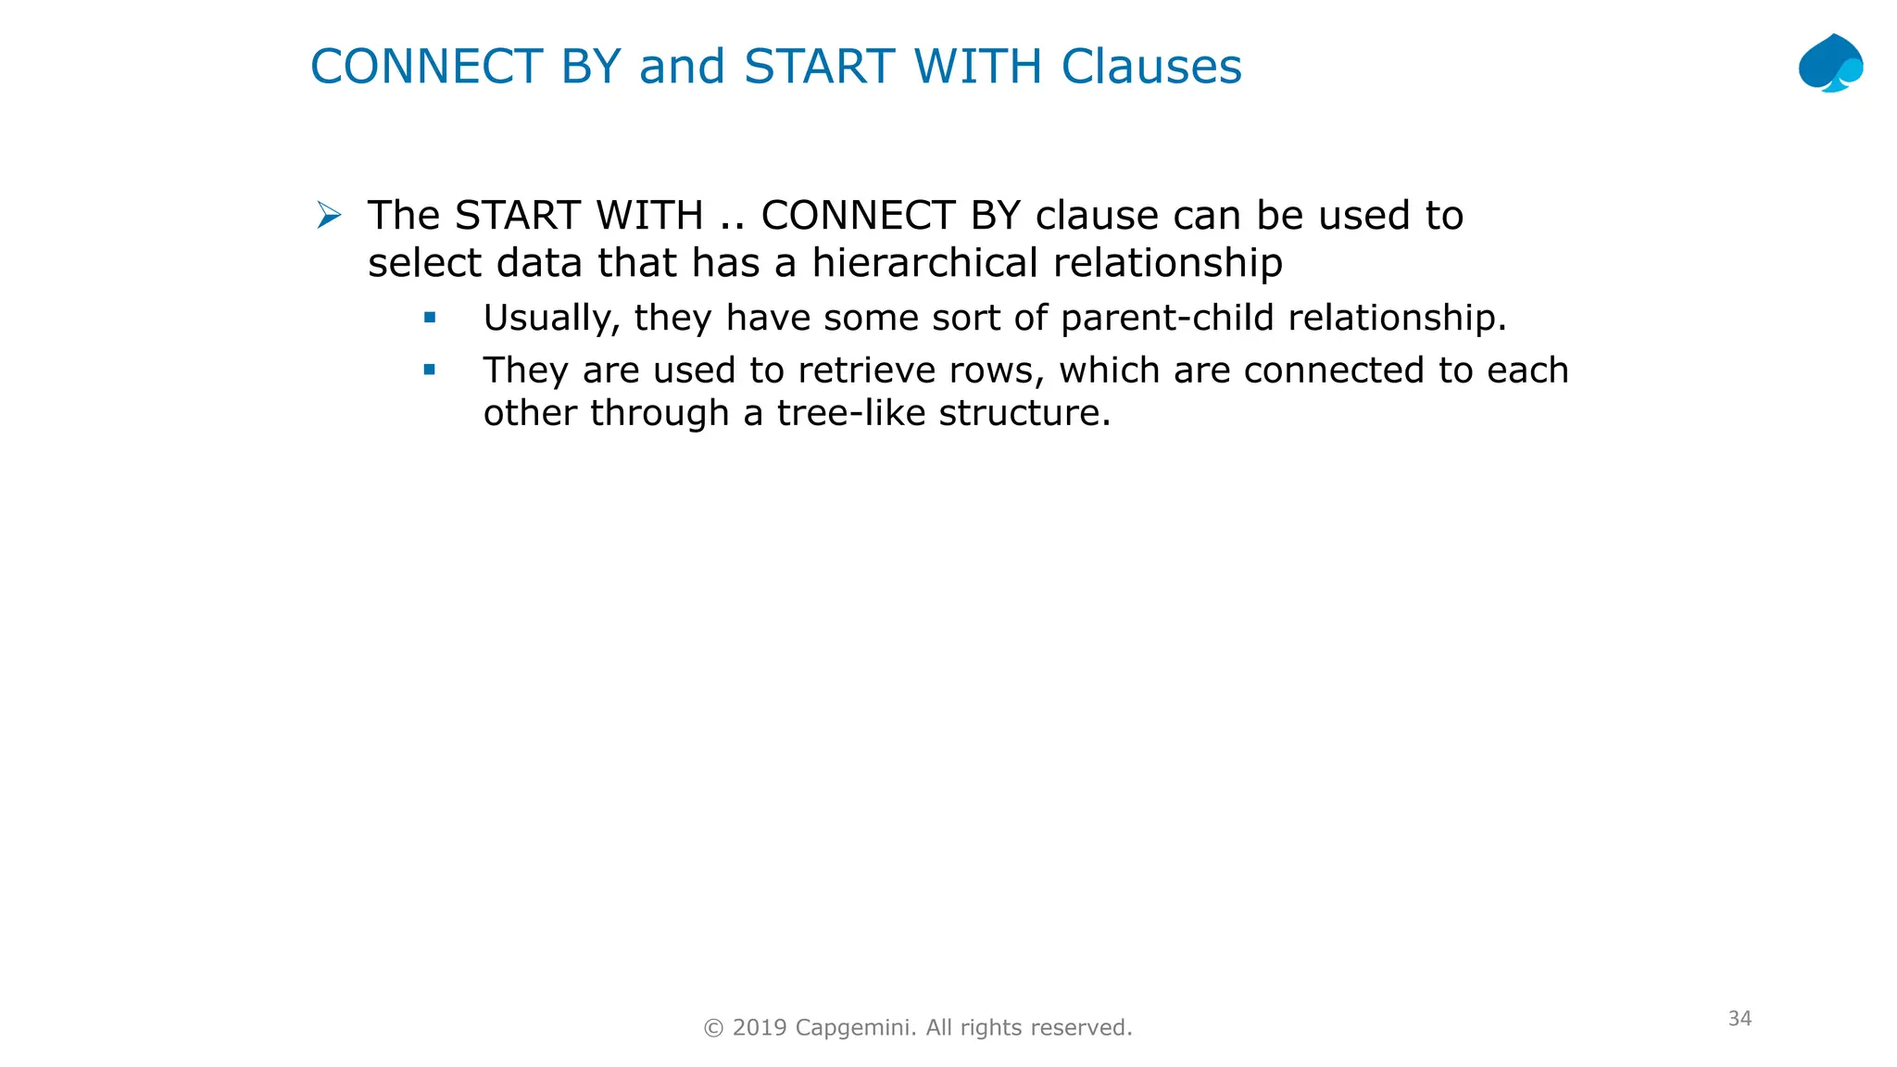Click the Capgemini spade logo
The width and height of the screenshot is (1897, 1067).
pyautogui.click(x=1830, y=63)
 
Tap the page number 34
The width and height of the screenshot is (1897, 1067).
pyautogui.click(x=1740, y=1019)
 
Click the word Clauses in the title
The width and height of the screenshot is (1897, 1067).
pyautogui.click(x=1151, y=67)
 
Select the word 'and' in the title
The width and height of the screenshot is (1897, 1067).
pyautogui.click(x=682, y=67)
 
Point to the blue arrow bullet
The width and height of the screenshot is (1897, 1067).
pyautogui.click(x=329, y=216)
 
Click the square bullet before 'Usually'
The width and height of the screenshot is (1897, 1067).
pyautogui.click(x=430, y=318)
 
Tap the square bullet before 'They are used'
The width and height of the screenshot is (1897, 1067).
pyautogui.click(x=430, y=370)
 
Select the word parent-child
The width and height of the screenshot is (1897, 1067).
pyautogui.click(x=1167, y=318)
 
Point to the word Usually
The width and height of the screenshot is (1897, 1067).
pyautogui.click(x=552, y=319)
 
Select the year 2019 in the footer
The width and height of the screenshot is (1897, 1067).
pyautogui.click(x=760, y=1028)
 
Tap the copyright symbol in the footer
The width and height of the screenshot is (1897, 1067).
pyautogui.click(x=713, y=1028)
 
